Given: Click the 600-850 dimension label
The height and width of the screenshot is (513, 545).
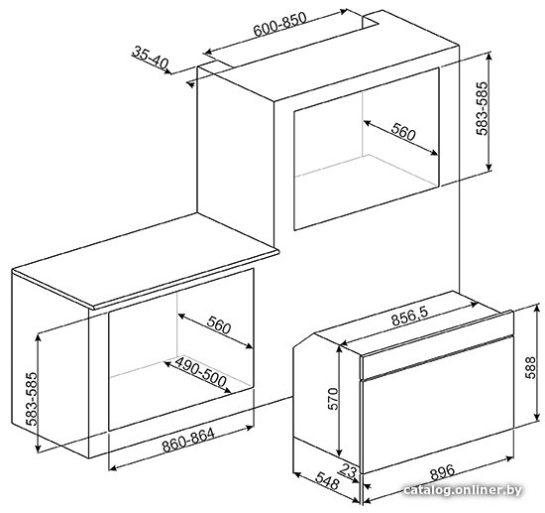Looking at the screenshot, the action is coord(280,24).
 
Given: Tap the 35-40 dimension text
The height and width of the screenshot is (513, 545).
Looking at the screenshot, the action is coord(151,58).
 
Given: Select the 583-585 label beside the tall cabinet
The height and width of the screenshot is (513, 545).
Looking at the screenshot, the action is coord(483,108).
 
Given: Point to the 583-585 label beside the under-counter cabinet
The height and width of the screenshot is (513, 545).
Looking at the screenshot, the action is coord(32,399).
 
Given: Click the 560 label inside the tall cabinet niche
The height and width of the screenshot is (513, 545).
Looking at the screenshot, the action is coord(403,132).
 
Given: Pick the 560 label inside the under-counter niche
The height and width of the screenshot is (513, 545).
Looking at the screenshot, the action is coord(219,325).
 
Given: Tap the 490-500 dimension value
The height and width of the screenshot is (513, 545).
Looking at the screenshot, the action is coord(200,371).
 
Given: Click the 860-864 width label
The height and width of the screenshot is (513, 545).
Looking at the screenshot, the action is coord(188,440).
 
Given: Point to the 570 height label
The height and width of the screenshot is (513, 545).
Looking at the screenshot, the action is coord(333,399).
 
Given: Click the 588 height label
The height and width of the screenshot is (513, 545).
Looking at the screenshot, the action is coord(531,367).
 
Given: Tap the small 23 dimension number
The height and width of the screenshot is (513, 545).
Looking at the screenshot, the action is coord(349,470).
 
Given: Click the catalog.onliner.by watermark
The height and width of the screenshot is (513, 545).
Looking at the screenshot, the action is coord(463,490).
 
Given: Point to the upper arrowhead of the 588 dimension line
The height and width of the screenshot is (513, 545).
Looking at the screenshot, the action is coord(538,308).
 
